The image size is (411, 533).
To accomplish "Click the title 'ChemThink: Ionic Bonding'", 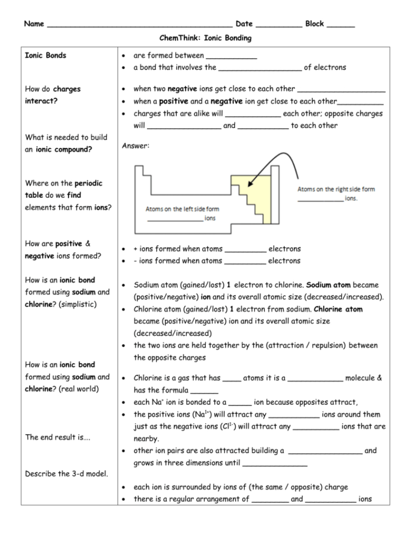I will pos(205,38).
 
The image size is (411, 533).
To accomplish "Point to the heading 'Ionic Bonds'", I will pos(46,55).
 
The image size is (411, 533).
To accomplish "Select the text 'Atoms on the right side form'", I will pos(336,189).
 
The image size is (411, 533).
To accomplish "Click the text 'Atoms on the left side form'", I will pos(182,209).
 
